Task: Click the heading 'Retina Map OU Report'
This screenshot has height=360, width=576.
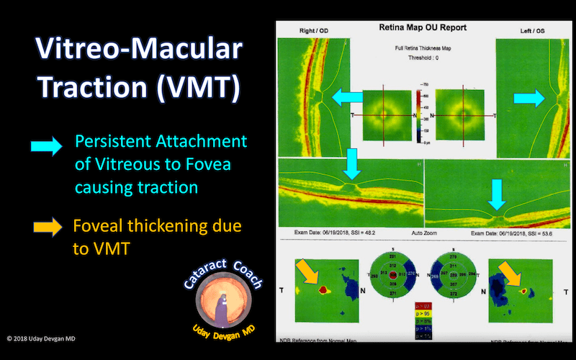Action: tap(423, 27)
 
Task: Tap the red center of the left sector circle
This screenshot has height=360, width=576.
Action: tap(392, 274)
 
